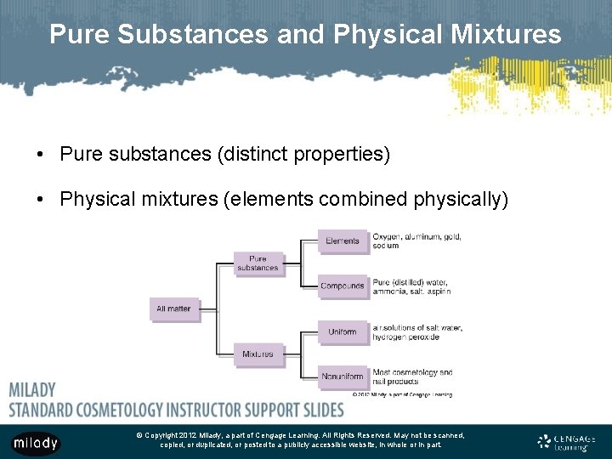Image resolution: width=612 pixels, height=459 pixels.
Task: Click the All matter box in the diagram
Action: point(173,309)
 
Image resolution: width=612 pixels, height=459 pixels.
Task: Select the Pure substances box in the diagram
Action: point(258,263)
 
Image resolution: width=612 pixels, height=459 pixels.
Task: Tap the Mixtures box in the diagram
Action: point(258,354)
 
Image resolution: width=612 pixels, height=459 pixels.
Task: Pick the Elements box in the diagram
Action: point(343,241)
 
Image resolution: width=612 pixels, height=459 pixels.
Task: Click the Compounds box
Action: point(343,286)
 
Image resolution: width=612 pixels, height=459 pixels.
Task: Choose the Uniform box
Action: point(343,331)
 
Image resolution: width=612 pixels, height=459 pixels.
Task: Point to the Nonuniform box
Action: point(343,377)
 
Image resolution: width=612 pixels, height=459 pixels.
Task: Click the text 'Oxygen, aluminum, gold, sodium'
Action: point(416,241)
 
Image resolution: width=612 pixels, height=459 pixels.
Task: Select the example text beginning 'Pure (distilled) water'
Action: point(411,286)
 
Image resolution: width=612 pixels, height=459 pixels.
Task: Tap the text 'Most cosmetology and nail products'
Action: point(411,377)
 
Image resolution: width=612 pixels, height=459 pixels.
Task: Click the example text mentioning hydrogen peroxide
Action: point(416,332)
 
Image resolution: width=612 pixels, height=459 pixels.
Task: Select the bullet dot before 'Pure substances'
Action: point(40,155)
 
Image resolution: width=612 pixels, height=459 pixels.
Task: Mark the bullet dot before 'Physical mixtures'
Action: point(40,200)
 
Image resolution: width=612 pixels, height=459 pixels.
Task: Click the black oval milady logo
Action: point(35,443)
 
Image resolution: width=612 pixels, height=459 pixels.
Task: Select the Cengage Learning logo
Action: point(567,441)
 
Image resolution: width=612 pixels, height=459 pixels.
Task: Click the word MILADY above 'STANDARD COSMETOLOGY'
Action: point(32,390)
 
